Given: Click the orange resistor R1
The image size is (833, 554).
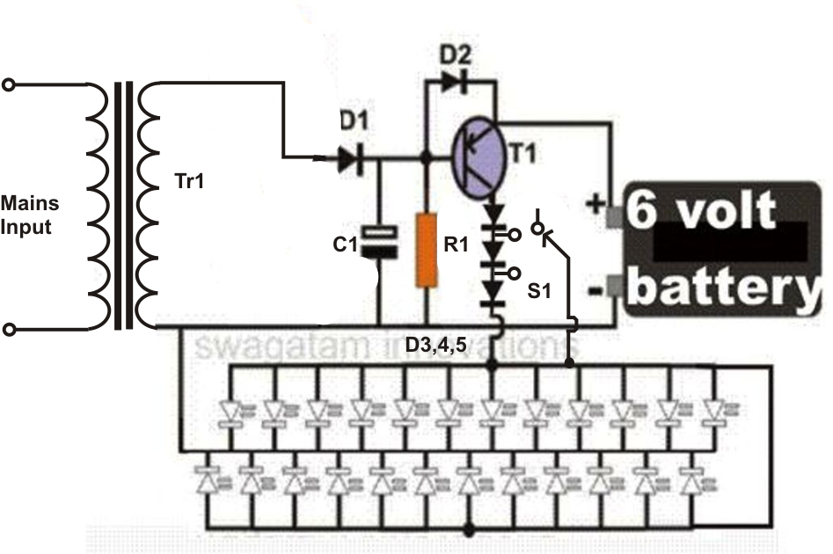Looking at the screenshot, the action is tap(426, 250).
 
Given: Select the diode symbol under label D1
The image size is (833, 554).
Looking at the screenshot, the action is tap(351, 157).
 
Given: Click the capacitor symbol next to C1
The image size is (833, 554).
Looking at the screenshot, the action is tap(379, 242).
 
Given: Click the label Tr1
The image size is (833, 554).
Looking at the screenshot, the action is tap(189, 182).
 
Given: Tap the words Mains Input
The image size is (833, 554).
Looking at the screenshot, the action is tap(30, 215).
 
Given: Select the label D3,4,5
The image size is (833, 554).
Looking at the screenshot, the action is tap(435, 346).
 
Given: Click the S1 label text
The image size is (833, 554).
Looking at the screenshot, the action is tap(539, 291).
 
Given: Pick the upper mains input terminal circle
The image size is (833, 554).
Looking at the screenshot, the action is tap(9, 84).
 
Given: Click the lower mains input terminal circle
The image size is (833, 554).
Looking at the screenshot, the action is tap(9, 330).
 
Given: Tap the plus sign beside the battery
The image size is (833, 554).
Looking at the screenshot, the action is tap(595, 203).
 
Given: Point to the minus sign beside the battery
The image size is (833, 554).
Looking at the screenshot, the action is tap(595, 290).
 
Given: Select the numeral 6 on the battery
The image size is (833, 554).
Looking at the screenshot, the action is tap(640, 209).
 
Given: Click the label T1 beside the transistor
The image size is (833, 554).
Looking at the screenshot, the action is tap(522, 154).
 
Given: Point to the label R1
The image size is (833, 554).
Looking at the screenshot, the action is tap(456, 244).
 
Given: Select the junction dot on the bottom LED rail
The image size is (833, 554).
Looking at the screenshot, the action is tap(469, 530).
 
